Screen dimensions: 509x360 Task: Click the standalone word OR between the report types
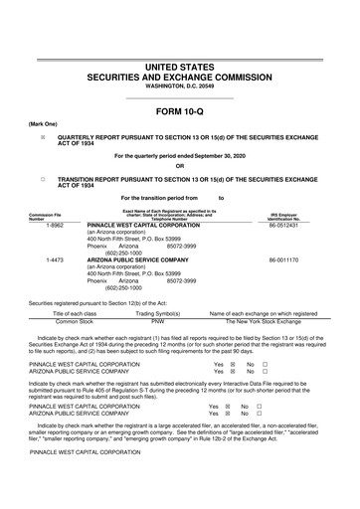coord(180,164)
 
